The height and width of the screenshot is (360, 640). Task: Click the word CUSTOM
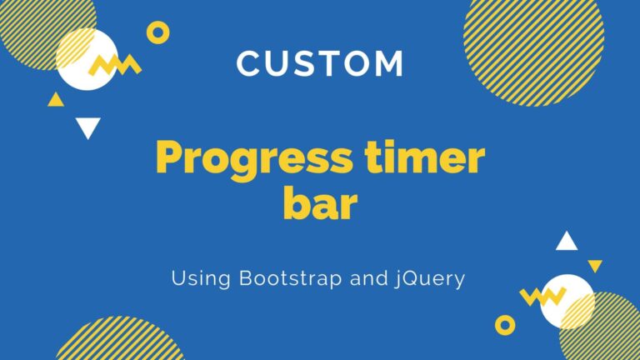[x=320, y=64]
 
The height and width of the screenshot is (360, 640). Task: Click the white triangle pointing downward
[x=87, y=127]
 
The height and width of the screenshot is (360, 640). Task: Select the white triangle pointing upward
[x=567, y=242]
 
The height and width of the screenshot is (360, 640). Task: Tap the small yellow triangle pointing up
[x=56, y=100]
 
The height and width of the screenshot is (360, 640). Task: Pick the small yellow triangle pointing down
[x=595, y=266]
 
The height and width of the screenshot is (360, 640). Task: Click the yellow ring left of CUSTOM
[x=157, y=32]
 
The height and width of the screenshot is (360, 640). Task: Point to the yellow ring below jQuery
[x=505, y=324]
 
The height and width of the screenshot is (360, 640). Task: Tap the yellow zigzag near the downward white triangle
[x=114, y=64]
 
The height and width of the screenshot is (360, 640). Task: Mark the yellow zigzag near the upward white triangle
[x=542, y=295]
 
